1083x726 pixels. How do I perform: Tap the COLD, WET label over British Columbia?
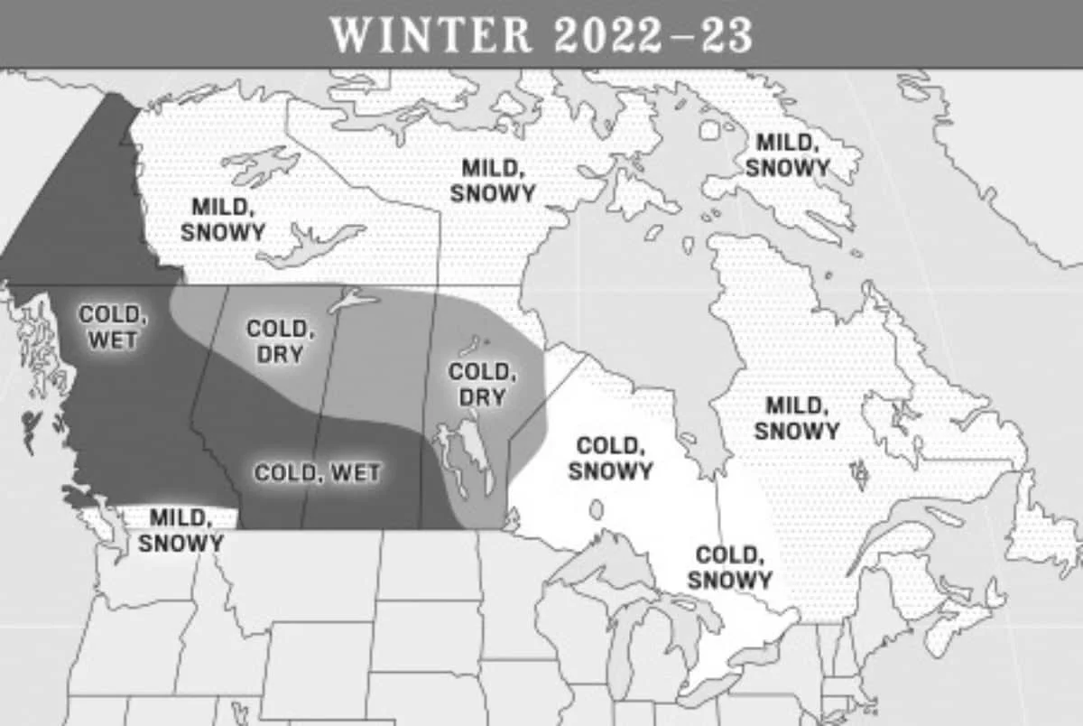pyautogui.click(x=111, y=327)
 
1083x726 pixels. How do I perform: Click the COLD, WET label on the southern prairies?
pyautogui.click(x=317, y=472)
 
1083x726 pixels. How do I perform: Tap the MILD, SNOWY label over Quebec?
pyautogui.click(x=797, y=418)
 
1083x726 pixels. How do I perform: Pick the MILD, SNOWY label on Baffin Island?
pyautogui.click(x=787, y=154)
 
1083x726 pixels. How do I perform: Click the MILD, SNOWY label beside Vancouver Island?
pyautogui.click(x=180, y=530)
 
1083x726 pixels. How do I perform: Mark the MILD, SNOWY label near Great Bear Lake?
pyautogui.click(x=223, y=219)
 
